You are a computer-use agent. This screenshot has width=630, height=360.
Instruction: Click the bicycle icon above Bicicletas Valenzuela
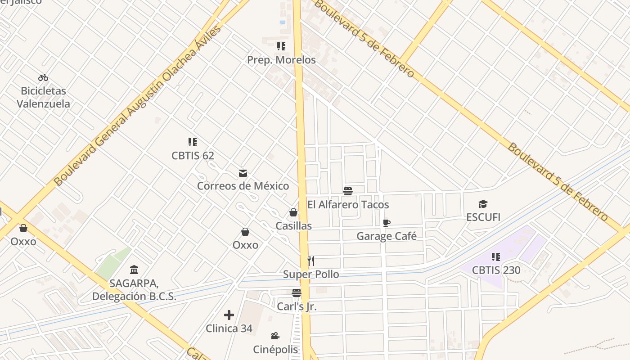click(43, 77)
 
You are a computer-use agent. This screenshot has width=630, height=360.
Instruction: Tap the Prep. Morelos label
click(281, 60)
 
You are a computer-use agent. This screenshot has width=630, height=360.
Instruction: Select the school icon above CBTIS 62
click(193, 142)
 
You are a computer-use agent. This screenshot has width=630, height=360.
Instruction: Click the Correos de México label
click(243, 185)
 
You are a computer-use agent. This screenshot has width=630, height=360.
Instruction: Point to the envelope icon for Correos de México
click(243, 173)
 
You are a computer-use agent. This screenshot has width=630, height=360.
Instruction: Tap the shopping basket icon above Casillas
click(293, 212)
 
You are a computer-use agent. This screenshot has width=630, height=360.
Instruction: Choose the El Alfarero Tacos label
click(348, 205)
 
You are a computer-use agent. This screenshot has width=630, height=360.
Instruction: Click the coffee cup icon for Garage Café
click(386, 223)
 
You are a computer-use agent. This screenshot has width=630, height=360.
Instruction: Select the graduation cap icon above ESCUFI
click(483, 204)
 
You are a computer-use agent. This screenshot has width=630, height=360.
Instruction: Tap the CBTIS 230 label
click(496, 270)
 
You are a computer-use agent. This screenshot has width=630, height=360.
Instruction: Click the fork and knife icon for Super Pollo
click(311, 261)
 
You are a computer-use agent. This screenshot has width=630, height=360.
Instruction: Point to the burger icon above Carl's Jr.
click(296, 293)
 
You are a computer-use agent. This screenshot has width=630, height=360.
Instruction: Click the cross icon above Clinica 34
click(229, 315)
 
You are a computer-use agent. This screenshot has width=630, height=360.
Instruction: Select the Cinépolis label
click(275, 349)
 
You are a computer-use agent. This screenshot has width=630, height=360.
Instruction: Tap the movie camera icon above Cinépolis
click(275, 336)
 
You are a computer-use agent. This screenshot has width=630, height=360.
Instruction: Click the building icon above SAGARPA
click(134, 270)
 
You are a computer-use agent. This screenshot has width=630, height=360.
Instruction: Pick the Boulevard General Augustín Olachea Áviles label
click(137, 106)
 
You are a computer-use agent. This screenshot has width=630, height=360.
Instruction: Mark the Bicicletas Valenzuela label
click(44, 97)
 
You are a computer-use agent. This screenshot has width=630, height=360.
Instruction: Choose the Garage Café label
click(387, 236)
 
